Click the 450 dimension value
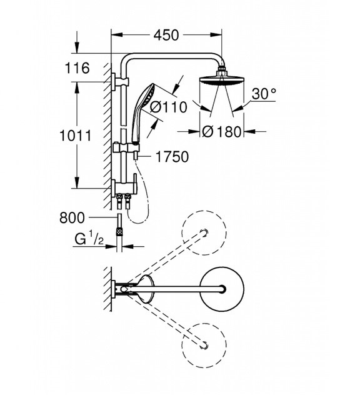click(x=166, y=35)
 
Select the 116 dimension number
click(x=77, y=68)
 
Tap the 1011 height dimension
click(x=76, y=136)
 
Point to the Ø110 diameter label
click(x=168, y=107)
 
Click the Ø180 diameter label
click(x=222, y=132)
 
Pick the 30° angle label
click(x=264, y=94)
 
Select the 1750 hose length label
click(x=172, y=157)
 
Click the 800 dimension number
click(x=72, y=217)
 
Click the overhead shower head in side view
click(x=222, y=81)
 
